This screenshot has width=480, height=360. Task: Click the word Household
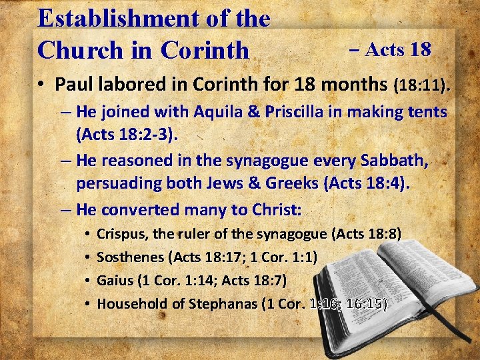click(x=132, y=304)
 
